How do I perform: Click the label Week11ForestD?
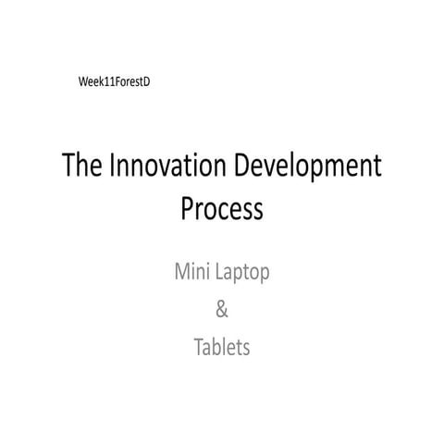coord(115,82)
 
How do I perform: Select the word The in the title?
coord(82,167)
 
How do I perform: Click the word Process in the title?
coord(221,209)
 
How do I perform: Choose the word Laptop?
coord(243,275)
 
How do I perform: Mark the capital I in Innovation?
coord(113,167)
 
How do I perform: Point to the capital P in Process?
coord(187,209)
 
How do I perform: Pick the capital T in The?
coord(68,167)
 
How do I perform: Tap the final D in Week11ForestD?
coord(146,82)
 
